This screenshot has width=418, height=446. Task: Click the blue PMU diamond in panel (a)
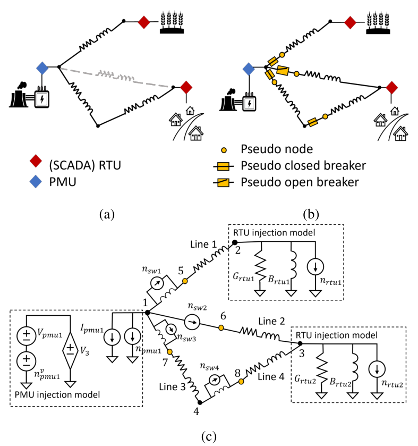pos(42,68)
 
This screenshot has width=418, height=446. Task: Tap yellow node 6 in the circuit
pos(222,328)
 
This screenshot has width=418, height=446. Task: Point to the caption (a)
pos(108,214)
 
